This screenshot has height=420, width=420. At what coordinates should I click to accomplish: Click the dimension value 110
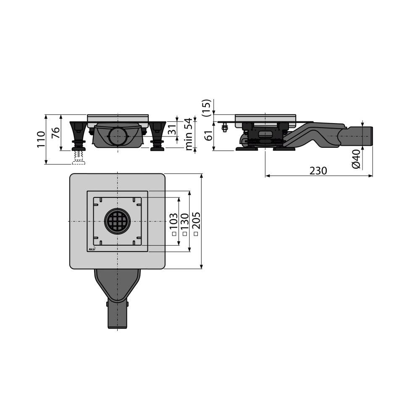[41, 139]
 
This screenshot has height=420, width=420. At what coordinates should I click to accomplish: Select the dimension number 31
[172, 130]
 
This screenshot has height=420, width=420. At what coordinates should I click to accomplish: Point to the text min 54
[189, 134]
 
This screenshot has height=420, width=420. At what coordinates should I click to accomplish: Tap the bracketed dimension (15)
[206, 108]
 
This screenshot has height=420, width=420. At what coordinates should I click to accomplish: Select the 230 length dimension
[318, 171]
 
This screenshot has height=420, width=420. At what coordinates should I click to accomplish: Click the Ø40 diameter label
[356, 159]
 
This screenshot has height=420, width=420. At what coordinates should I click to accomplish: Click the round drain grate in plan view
[117, 221]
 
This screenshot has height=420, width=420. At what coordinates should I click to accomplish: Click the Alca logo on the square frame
[92, 249]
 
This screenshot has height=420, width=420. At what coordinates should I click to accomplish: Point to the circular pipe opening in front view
[117, 136]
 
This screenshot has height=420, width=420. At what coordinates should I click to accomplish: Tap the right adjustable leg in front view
[157, 135]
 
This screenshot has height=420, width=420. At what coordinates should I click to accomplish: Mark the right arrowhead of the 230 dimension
[371, 176]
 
